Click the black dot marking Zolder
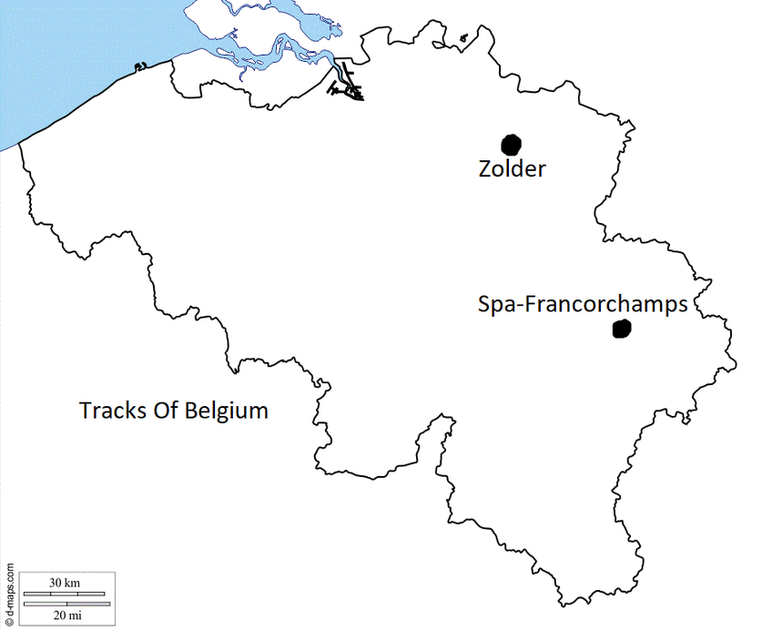click(x=512, y=144)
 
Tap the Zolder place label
click(x=512, y=168)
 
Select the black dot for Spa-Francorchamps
click(x=622, y=330)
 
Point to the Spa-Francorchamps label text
click(x=583, y=305)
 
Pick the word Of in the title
click(x=164, y=410)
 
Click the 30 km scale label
click(x=66, y=582)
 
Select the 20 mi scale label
click(x=66, y=615)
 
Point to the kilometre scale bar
click(x=66, y=593)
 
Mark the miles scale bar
click(x=66, y=604)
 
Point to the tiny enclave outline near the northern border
click(x=462, y=39)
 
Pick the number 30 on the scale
click(x=56, y=582)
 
